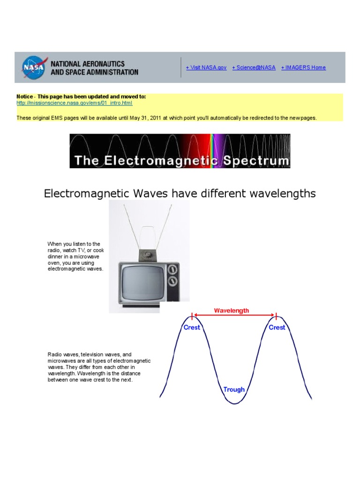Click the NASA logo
[34, 67]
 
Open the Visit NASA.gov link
[206, 67]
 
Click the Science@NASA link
[254, 67]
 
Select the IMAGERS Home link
[303, 67]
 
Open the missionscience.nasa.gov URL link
[75, 103]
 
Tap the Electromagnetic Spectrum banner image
[180, 151]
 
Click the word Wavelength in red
[232, 310]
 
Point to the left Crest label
[192, 328]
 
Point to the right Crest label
[277, 328]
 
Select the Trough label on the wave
[234, 390]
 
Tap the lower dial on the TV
[172, 281]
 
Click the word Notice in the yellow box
[25, 97]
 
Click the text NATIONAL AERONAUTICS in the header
[88, 64]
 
